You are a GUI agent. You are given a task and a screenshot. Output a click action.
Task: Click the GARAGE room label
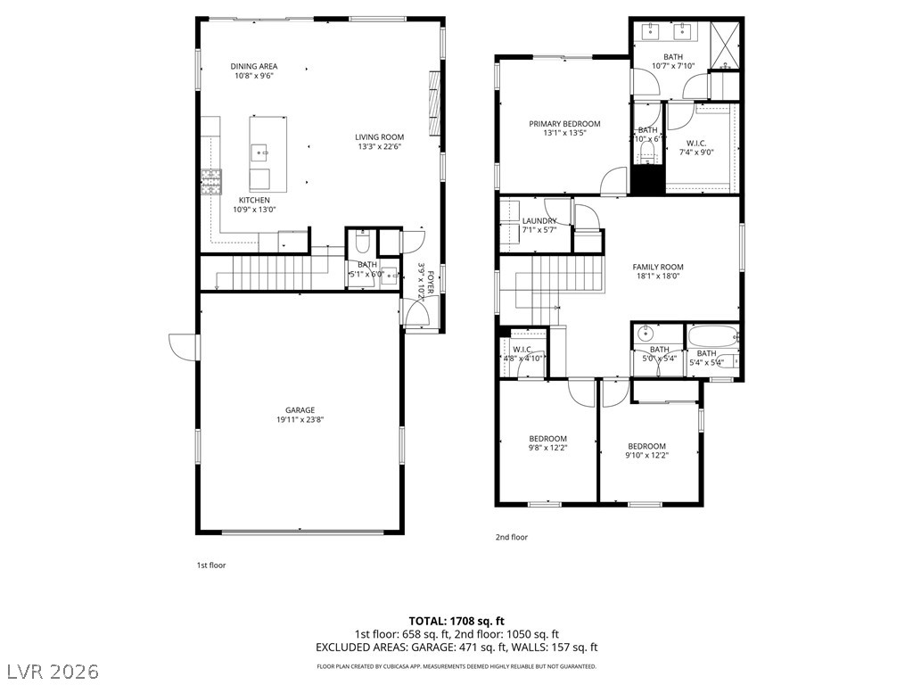(x=300, y=410)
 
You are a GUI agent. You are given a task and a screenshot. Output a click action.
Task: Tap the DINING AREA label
(x=254, y=66)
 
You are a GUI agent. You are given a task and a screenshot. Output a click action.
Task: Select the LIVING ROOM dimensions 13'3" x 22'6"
(x=380, y=147)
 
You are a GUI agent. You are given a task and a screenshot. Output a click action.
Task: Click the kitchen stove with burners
(x=211, y=183)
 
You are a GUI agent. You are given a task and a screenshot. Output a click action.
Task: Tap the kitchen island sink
(x=260, y=152)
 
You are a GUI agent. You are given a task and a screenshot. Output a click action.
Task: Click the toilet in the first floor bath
(x=363, y=242)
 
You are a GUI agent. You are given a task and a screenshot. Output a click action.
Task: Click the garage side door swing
(x=183, y=346)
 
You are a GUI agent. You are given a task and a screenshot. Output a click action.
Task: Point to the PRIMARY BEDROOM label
(x=564, y=124)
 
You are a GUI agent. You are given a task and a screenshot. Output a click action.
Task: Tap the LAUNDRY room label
(x=539, y=221)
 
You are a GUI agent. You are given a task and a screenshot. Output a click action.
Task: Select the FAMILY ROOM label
(x=658, y=267)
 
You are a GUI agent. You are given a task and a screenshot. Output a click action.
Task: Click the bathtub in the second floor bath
(x=712, y=337)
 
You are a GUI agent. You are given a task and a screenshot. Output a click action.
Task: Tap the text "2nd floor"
(x=512, y=537)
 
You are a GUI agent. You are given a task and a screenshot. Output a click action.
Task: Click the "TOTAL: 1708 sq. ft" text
(x=456, y=620)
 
